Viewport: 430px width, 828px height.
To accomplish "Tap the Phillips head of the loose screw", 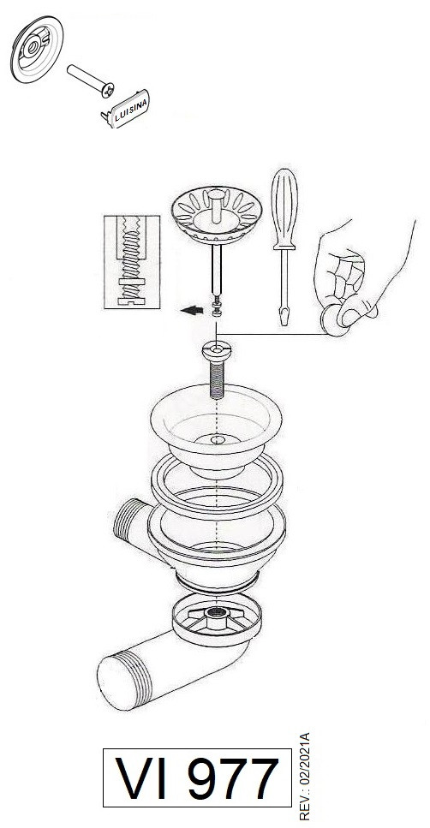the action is click(x=109, y=90).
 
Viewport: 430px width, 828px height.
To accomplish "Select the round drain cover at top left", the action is click(x=37, y=49).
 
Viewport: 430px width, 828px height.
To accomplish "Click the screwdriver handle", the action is click(x=284, y=208).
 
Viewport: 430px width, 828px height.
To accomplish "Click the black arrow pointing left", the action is click(x=191, y=311).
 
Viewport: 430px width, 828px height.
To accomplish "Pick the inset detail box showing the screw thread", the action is click(x=132, y=261).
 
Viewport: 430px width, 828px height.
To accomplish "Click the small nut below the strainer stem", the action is click(x=217, y=311).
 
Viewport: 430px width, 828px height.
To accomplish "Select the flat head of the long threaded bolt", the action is click(x=217, y=349).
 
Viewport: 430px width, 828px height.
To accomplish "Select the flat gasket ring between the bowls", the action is click(x=217, y=485).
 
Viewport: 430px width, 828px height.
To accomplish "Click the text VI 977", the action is click(x=197, y=777).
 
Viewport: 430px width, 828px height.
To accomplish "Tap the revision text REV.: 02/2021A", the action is click(x=303, y=776).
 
